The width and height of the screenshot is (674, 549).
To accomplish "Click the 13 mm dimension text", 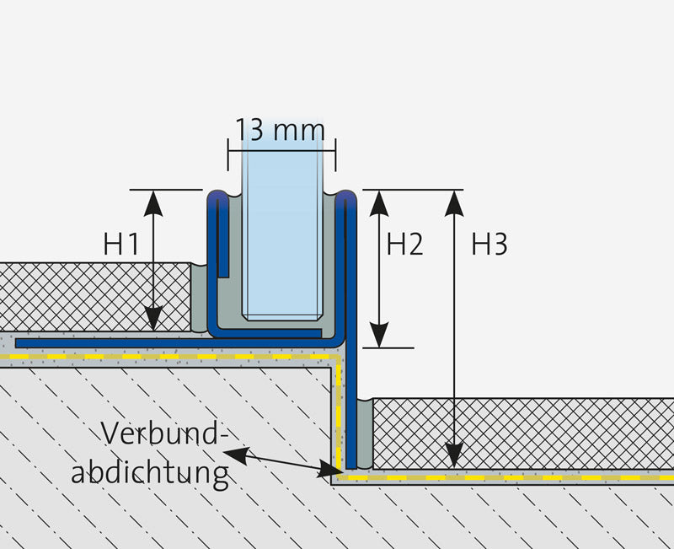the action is [280, 130].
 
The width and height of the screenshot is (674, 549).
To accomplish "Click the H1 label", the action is [121, 244].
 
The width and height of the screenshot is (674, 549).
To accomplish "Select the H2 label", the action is [405, 244].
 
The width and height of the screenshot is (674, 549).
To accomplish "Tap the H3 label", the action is [489, 244].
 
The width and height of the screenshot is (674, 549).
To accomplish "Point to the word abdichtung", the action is [150, 472].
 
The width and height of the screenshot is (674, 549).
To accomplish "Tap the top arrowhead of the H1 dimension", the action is [153, 203].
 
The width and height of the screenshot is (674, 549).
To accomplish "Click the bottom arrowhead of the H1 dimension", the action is [153, 319].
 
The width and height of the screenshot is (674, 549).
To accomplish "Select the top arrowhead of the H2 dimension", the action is [378, 203].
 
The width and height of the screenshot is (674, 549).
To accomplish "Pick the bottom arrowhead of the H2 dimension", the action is [378, 334].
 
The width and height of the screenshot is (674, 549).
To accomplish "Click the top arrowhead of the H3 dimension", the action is [454, 203].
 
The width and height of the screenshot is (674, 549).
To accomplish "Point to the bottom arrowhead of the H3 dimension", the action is [454, 455].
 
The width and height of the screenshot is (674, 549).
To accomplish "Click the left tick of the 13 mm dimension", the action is [228, 154].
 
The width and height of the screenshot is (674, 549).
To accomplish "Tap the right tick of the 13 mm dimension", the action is [335, 154].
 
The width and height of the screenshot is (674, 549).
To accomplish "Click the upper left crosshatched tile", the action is [95, 297].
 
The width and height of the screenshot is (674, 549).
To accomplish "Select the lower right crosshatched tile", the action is [523, 433].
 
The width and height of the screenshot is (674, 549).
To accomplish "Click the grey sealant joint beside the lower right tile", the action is [365, 433].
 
